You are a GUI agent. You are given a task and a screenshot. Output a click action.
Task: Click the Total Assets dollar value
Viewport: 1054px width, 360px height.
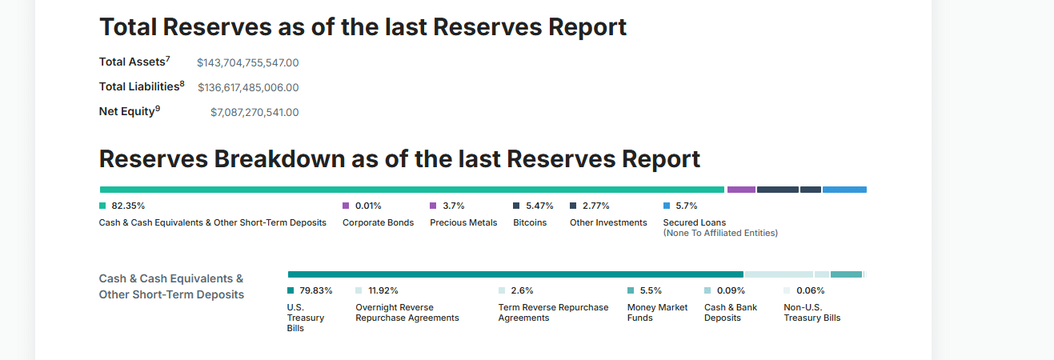point(247,63)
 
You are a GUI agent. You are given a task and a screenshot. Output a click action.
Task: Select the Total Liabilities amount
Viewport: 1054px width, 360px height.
point(248,88)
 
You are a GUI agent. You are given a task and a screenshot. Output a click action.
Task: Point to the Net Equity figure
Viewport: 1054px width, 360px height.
point(254,113)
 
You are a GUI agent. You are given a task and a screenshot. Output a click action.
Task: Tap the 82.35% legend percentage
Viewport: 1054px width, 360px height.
point(128,206)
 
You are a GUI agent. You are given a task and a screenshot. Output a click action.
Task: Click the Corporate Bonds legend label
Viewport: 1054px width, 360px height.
point(378,222)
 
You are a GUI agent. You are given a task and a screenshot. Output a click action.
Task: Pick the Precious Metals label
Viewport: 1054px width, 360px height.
point(463,222)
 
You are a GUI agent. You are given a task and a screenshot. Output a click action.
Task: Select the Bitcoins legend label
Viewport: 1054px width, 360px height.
point(530,222)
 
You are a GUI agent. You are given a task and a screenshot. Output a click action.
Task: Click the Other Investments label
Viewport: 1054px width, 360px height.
point(608,222)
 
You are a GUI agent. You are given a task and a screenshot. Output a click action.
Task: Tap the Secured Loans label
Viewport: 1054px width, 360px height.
point(695,222)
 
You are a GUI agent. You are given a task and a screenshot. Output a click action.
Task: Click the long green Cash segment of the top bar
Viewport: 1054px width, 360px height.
point(412,190)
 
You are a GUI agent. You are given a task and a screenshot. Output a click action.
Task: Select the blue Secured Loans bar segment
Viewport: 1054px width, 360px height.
point(844,190)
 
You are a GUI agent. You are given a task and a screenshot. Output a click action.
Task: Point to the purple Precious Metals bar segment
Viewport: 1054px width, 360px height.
point(741,190)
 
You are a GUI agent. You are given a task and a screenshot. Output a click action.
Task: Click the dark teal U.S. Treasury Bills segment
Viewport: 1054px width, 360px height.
point(515,274)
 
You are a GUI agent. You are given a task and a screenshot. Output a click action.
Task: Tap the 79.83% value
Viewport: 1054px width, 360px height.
point(315,290)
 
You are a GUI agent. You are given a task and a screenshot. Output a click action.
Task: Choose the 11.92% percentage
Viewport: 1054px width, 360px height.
point(383,290)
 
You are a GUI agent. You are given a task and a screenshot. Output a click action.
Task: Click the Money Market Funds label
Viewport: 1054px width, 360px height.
point(657,312)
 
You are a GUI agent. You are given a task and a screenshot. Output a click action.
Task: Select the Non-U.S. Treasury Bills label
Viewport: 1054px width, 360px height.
point(812,312)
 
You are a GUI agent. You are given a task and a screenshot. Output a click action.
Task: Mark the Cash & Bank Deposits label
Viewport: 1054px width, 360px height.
point(730,312)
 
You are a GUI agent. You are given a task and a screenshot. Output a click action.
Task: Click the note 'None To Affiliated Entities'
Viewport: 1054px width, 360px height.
point(720,234)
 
